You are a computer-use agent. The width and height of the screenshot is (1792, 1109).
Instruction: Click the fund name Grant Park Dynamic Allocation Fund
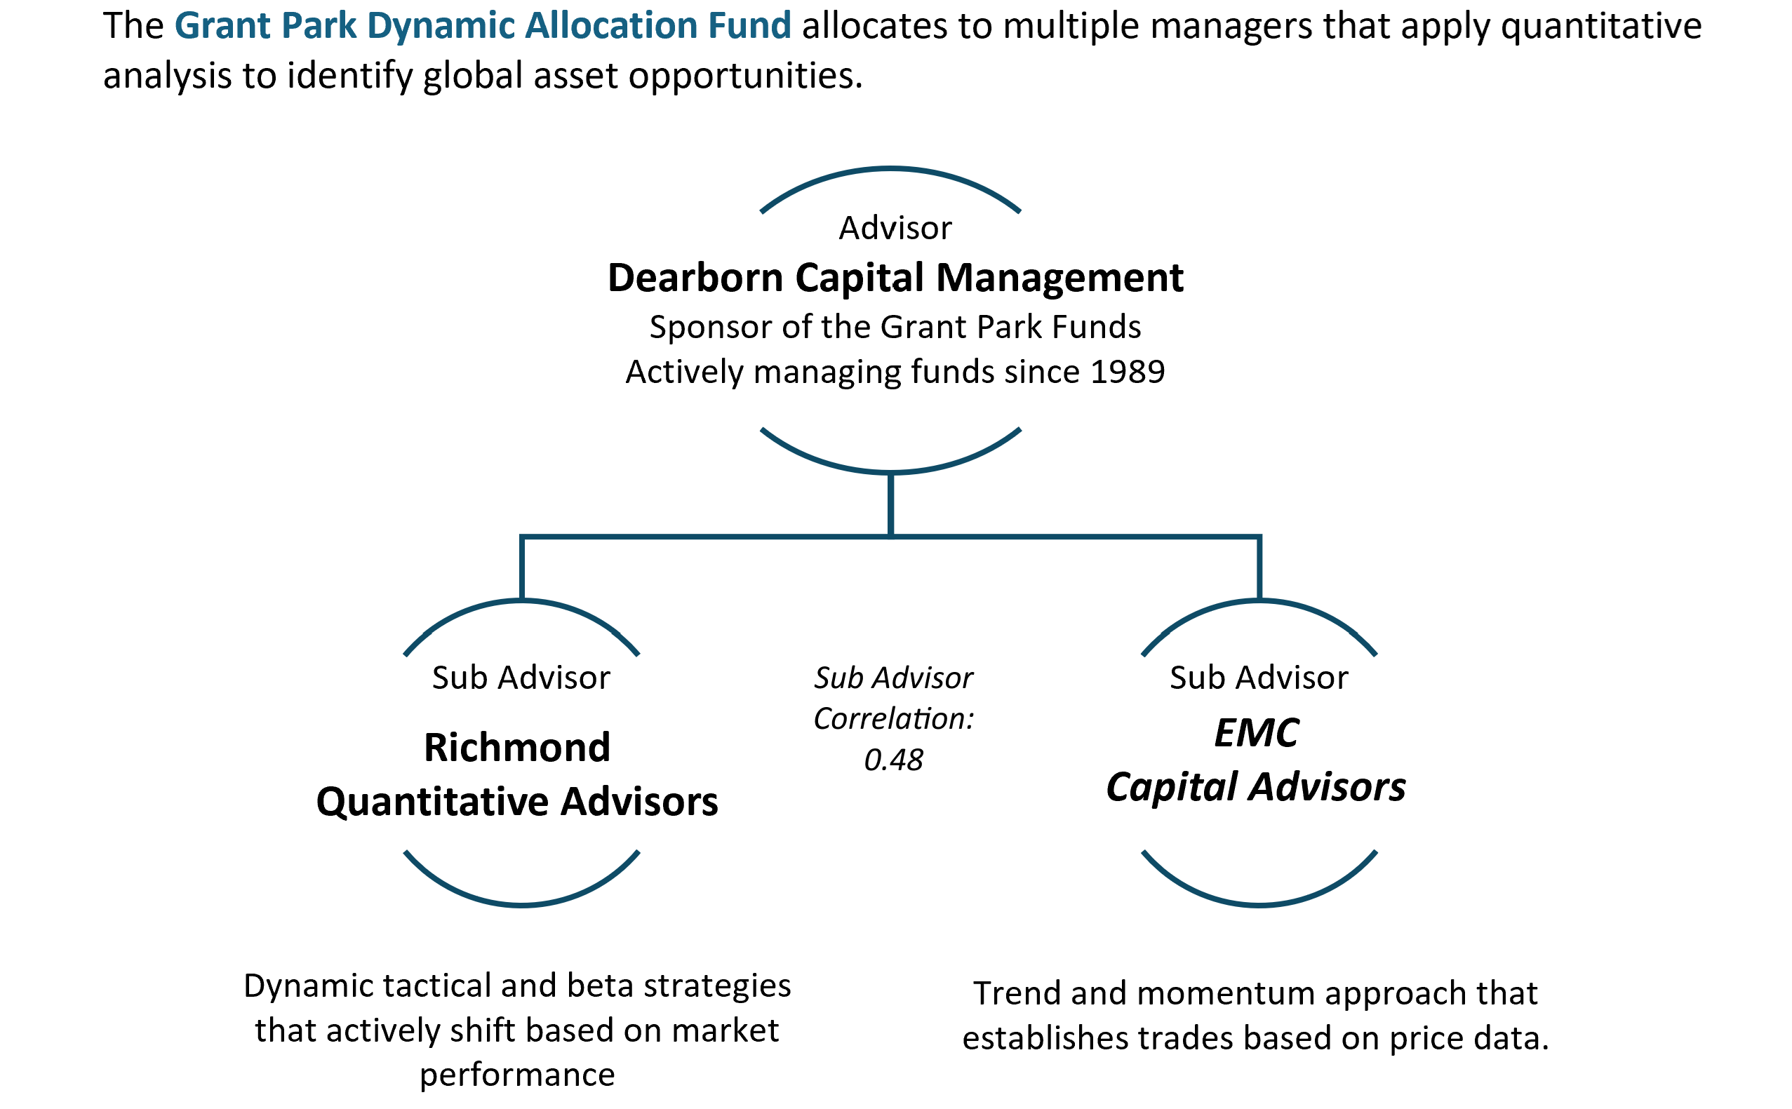(x=483, y=26)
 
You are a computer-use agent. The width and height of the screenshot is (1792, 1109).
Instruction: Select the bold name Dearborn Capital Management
(x=895, y=278)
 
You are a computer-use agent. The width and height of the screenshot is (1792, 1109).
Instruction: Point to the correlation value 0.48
(x=893, y=760)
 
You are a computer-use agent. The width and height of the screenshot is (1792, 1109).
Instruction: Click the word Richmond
(x=517, y=748)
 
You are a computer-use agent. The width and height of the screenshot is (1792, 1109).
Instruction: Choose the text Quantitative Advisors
(x=517, y=802)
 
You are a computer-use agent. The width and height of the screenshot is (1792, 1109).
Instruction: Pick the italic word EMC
(x=1257, y=733)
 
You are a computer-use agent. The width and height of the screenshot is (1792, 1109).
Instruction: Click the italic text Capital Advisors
(x=1256, y=788)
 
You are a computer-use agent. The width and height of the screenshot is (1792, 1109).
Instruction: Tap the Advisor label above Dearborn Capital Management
(x=895, y=228)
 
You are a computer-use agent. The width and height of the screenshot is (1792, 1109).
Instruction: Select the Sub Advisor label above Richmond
(x=521, y=678)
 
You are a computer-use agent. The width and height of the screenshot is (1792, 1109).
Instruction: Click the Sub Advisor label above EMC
(x=1259, y=678)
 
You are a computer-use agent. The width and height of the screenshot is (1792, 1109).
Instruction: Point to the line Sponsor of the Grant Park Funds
(x=895, y=327)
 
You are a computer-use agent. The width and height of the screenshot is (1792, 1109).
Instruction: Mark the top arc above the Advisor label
(x=890, y=170)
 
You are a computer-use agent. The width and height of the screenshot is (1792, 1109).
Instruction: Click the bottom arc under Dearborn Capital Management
(x=890, y=471)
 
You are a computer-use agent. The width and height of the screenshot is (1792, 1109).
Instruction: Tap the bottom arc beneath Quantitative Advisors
(x=521, y=905)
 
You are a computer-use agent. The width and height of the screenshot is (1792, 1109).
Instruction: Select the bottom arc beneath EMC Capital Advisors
(x=1259, y=905)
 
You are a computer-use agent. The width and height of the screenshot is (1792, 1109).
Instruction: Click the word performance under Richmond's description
(x=517, y=1076)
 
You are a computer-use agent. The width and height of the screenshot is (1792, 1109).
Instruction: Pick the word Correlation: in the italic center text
(x=893, y=719)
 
